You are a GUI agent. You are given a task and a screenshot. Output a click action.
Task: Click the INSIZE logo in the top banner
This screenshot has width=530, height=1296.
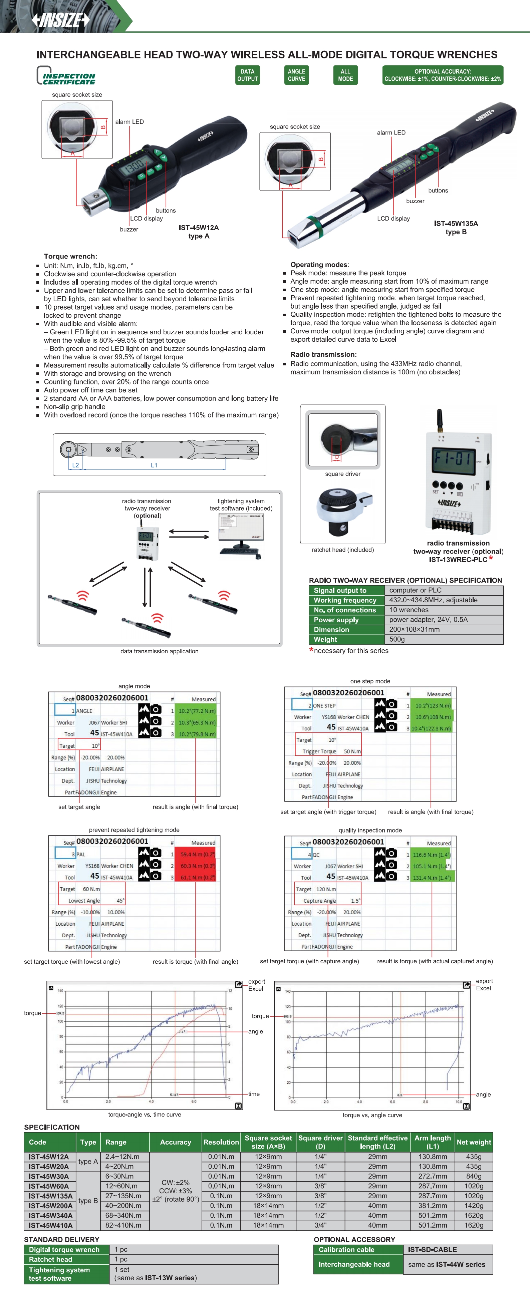(x=60, y=20)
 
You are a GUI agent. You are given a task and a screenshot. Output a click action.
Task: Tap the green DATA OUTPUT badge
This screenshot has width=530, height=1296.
(x=247, y=75)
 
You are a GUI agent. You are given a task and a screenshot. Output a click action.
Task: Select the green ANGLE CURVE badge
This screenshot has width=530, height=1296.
(x=296, y=75)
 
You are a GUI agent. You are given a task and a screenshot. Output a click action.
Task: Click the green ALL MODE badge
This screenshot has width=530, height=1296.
(x=345, y=75)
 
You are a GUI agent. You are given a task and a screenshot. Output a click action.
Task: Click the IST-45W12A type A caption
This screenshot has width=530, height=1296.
(x=199, y=232)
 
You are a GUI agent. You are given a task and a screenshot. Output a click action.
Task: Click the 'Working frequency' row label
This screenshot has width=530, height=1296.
(x=345, y=600)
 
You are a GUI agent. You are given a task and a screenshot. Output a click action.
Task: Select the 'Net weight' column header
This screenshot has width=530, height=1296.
(x=474, y=1143)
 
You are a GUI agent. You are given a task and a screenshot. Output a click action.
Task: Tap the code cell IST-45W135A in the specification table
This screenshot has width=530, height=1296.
(x=50, y=1196)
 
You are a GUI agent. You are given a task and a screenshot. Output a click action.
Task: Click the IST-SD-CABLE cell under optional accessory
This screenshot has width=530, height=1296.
(x=432, y=1250)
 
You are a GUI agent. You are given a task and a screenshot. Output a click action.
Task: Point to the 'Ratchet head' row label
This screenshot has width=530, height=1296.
(x=50, y=1260)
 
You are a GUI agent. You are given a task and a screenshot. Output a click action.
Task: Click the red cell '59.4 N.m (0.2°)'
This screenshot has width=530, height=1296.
(x=198, y=854)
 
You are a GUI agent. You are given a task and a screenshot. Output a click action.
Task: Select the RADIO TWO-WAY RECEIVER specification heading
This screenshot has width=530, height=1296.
(x=405, y=580)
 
